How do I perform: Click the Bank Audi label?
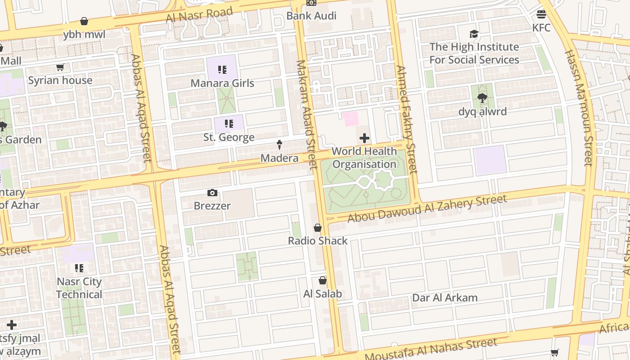tap(311, 16)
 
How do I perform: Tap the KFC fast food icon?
tap(541, 14)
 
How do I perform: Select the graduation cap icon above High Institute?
tap(474, 34)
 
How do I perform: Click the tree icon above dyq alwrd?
tap(482, 98)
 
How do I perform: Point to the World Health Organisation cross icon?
tap(364, 138)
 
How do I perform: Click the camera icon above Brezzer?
tap(212, 193)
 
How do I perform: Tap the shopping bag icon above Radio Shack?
tap(318, 228)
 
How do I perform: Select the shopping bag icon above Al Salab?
tap(322, 281)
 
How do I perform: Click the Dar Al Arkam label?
tap(445, 297)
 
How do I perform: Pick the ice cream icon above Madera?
tap(279, 145)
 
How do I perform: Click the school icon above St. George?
tap(229, 124)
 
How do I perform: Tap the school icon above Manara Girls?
tap(222, 70)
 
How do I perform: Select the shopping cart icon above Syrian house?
tap(60, 67)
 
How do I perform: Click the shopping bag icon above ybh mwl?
tap(84, 21)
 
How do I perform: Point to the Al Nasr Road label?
tap(199, 14)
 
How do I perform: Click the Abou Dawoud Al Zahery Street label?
tap(427, 208)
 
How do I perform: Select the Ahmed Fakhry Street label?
tap(407, 119)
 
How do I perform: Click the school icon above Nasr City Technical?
tap(79, 269)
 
